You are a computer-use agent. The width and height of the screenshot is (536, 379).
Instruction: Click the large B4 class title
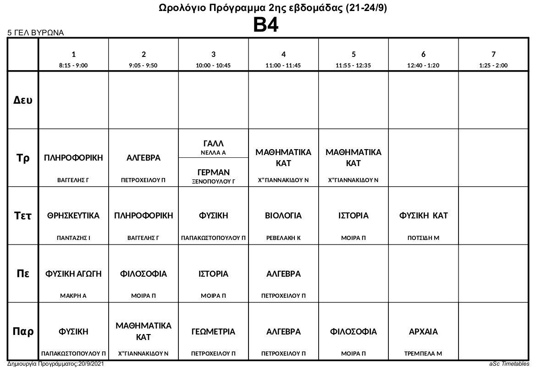tap(266, 25)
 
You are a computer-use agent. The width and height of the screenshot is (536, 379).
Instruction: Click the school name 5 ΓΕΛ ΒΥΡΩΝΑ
tap(35, 33)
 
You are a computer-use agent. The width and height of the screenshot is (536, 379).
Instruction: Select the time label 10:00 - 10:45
tap(213, 66)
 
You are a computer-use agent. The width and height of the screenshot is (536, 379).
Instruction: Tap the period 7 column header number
tap(493, 54)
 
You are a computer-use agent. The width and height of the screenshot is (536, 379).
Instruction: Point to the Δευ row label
tap(23, 100)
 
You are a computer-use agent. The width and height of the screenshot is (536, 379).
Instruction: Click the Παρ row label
tap(23, 332)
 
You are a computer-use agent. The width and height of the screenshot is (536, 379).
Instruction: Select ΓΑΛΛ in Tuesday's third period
tap(213, 144)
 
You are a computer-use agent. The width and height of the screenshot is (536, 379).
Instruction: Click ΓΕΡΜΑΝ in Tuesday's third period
tap(213, 172)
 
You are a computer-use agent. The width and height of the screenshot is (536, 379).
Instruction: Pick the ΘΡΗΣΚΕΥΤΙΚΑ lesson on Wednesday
tap(73, 216)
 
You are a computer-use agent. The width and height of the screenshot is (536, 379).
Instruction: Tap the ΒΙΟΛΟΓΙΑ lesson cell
tap(283, 216)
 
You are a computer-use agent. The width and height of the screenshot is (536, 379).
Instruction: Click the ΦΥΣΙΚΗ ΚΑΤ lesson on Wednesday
tap(423, 216)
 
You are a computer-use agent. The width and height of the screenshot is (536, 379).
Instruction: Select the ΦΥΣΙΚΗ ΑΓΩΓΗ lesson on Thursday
tap(73, 274)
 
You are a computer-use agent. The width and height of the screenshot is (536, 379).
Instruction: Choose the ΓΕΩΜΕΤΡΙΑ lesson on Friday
tap(213, 332)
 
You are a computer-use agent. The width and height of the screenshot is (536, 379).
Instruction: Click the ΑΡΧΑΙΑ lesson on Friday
tap(423, 332)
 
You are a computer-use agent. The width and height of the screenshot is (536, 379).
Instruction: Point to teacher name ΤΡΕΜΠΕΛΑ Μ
tap(423, 354)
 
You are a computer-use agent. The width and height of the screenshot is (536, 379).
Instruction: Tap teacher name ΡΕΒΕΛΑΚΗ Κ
tap(283, 238)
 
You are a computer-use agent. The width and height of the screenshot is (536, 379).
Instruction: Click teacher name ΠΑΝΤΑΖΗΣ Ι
tap(73, 238)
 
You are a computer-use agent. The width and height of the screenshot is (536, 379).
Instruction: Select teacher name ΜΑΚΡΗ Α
tap(73, 296)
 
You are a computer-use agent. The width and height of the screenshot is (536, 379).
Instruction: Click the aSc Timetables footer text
tap(509, 364)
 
